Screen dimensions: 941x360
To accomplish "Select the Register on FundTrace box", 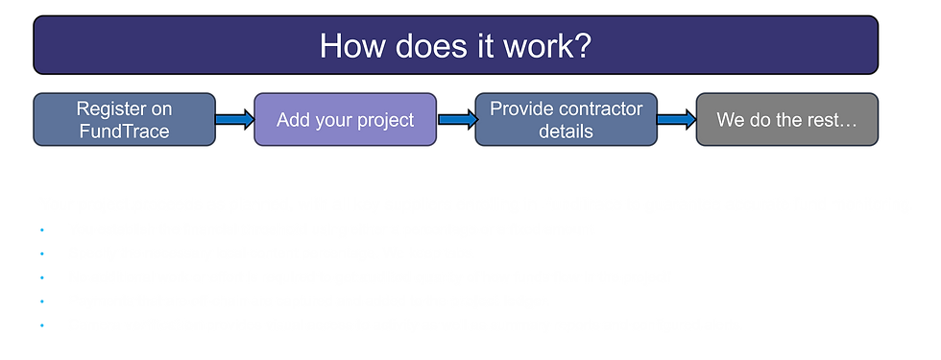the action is click(x=124, y=119).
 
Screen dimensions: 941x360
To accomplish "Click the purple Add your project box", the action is click(x=346, y=120).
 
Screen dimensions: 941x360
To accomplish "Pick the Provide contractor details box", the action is click(x=567, y=119).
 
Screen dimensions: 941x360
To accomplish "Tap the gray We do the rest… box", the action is click(x=786, y=120).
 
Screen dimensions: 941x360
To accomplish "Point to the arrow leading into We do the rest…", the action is click(x=677, y=120).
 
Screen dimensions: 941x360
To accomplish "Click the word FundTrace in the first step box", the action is click(x=124, y=131).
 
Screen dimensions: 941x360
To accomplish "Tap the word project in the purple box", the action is click(x=383, y=120).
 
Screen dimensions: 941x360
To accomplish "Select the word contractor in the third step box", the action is click(x=596, y=108).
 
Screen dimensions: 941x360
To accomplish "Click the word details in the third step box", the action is click(x=567, y=131).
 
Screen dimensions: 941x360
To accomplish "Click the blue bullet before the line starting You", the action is click(x=43, y=229).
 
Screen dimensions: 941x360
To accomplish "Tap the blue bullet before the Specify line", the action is click(x=43, y=253).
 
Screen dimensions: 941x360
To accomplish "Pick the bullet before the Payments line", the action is click(x=43, y=300).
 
